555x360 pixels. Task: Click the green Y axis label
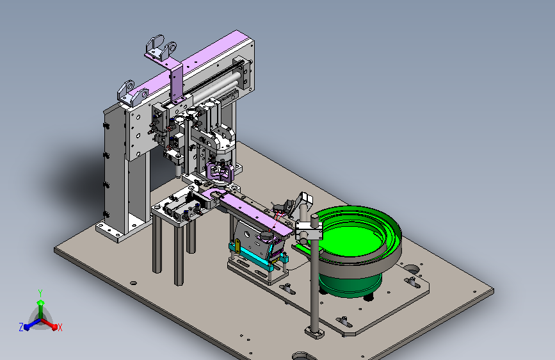tap(40, 293)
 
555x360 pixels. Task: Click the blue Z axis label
tap(21, 327)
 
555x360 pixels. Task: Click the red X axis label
tap(60, 328)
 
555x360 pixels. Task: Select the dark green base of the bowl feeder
tap(350, 284)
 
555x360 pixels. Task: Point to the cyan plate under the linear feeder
tap(252, 254)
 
